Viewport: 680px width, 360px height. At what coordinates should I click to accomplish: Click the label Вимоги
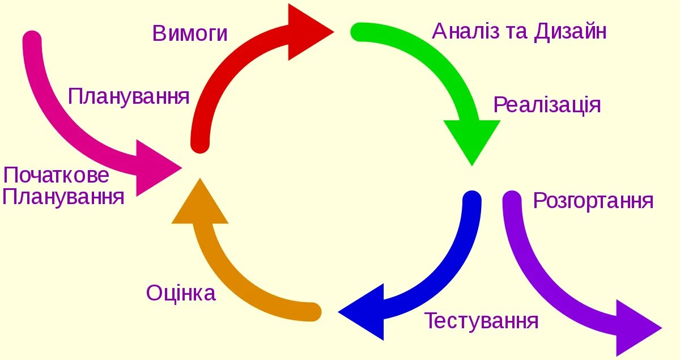click(x=190, y=33)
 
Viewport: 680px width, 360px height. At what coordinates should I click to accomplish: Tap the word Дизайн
click(x=570, y=31)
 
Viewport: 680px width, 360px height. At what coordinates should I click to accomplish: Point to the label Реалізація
click(x=547, y=105)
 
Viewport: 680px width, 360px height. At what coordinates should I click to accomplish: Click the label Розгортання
click(x=593, y=201)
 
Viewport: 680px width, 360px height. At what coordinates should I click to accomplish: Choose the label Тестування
click(x=481, y=321)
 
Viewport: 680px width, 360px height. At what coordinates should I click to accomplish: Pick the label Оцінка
click(x=181, y=293)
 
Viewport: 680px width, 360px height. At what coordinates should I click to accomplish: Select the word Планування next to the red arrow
click(x=129, y=96)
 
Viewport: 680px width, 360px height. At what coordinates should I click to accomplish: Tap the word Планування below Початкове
click(x=63, y=197)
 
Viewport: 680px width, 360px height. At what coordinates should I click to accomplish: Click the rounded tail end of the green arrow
click(x=360, y=32)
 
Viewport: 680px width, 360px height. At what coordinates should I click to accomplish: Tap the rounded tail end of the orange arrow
click(x=312, y=312)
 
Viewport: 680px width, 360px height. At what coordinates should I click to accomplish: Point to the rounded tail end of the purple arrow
click(x=512, y=200)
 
